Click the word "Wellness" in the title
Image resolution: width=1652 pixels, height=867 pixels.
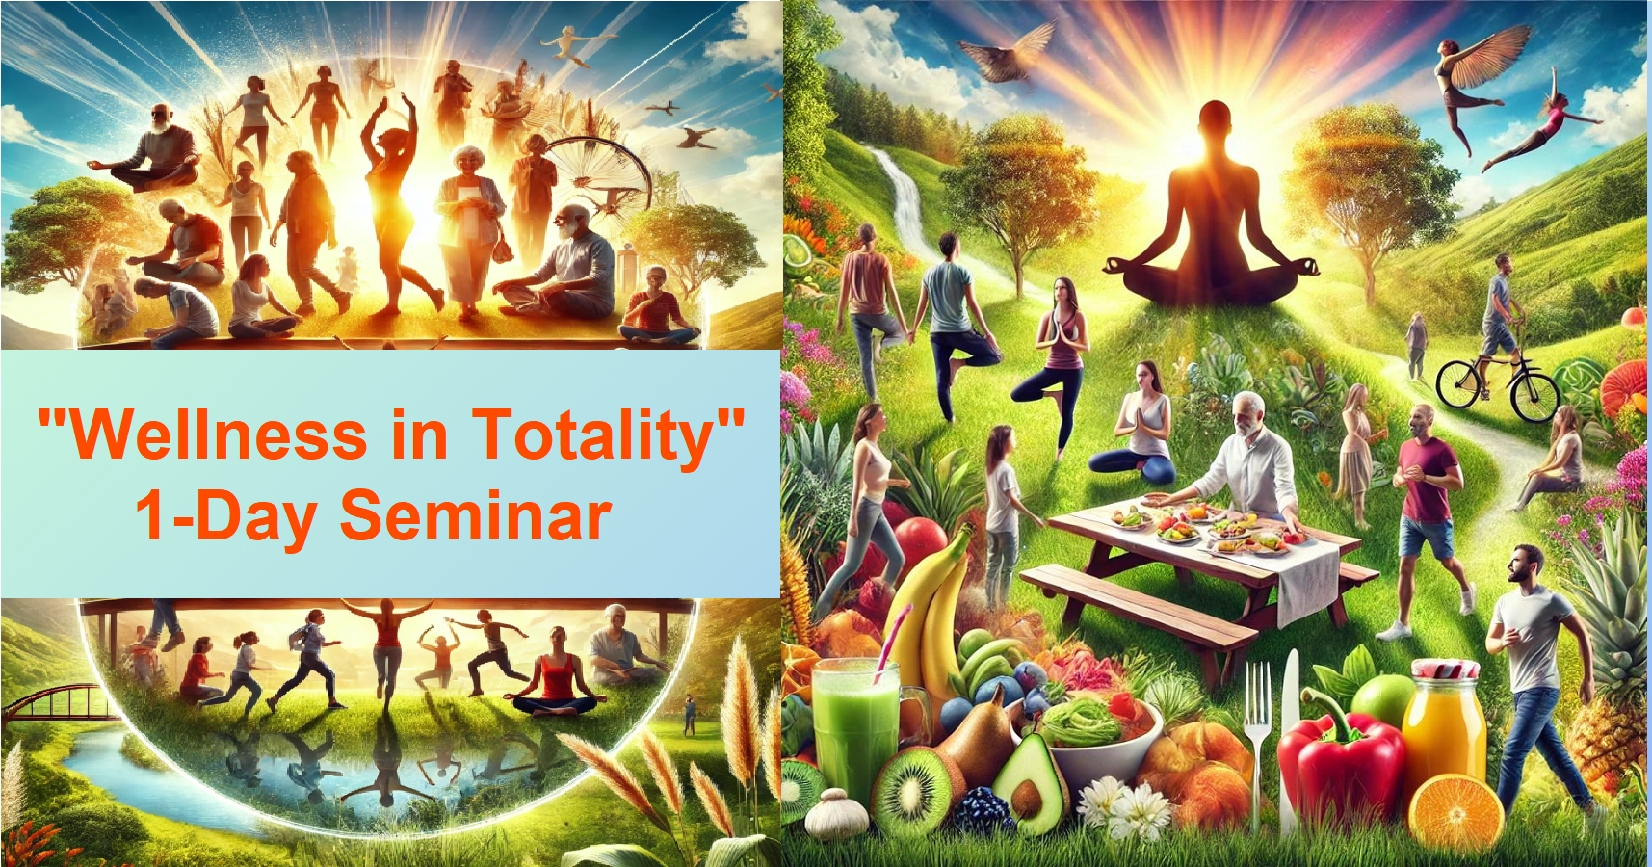(x=220, y=434)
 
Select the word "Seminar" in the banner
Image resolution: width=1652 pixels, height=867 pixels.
(x=476, y=515)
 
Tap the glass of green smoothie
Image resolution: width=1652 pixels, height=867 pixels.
(x=855, y=728)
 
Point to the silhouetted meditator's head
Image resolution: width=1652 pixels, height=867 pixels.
(x=1215, y=125)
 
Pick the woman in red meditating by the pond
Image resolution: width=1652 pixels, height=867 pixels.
(x=558, y=673)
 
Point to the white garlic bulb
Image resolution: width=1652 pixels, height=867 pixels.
(x=830, y=815)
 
